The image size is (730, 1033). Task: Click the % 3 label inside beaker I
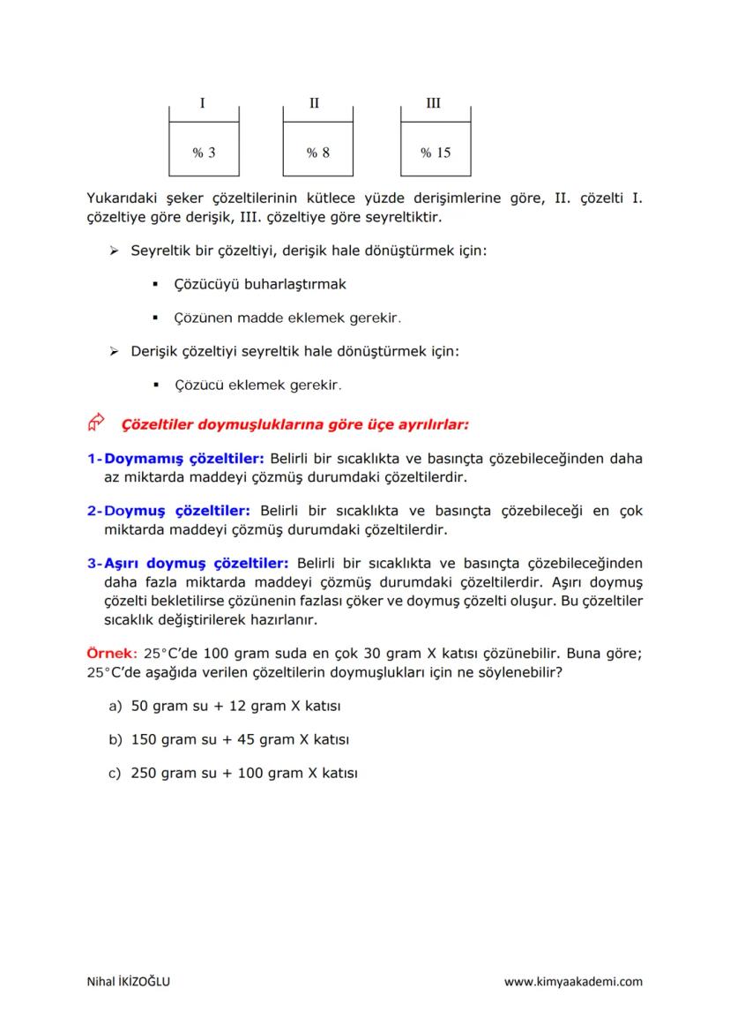(x=204, y=153)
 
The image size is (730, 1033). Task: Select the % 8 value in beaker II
(x=318, y=153)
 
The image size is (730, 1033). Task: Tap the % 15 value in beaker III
(x=436, y=153)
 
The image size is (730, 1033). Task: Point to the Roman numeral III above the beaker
(x=433, y=103)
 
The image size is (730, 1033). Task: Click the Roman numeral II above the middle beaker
(x=315, y=103)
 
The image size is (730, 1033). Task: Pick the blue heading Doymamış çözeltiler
(x=184, y=459)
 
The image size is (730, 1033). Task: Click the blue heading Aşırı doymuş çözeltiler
(x=197, y=563)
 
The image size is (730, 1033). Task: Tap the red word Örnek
(x=108, y=655)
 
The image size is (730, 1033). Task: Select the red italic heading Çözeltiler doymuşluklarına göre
(x=294, y=424)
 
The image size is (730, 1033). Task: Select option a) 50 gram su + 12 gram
(x=235, y=707)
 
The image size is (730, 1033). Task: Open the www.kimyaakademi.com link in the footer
(x=573, y=981)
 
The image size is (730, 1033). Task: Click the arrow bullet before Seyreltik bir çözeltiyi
(x=113, y=251)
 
